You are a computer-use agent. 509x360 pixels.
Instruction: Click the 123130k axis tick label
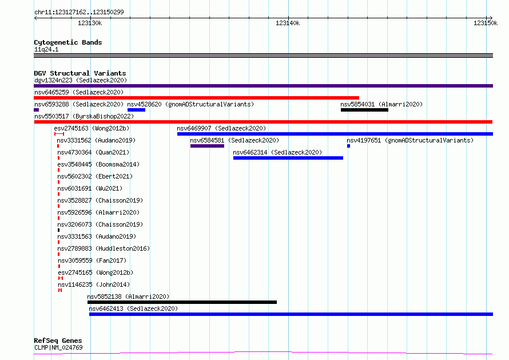coord(90,23)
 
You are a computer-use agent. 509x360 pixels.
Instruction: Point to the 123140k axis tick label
coord(288,23)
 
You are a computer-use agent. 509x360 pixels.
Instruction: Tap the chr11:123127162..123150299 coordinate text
coord(79,12)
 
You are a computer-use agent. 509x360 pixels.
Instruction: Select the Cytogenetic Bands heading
coord(68,42)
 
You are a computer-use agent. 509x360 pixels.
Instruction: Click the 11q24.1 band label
coord(46,49)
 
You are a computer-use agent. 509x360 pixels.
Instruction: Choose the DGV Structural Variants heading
coord(80,73)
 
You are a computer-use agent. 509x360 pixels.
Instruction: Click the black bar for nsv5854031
coord(364,110)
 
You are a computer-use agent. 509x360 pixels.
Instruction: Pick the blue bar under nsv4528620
coord(136,110)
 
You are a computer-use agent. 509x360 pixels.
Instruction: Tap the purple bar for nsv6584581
coord(207,146)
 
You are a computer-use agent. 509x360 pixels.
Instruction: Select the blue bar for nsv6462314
coord(288,158)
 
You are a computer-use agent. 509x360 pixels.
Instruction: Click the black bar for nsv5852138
coord(182,302)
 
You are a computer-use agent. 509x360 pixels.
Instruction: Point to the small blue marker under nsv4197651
coord(349,146)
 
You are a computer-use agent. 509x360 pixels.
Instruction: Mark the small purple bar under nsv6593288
coord(37,110)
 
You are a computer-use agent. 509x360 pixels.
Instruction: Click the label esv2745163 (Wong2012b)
coord(92,128)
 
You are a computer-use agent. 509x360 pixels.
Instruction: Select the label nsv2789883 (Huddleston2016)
coord(104,248)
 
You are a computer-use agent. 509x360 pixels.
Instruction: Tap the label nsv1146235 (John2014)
coord(94,284)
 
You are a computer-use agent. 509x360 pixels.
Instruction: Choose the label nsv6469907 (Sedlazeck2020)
coord(221,128)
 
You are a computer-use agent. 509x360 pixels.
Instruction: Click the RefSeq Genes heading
coord(58,341)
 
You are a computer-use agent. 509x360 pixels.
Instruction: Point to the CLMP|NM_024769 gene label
coord(58,347)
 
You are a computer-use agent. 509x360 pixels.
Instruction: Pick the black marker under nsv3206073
coord(58,230)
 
